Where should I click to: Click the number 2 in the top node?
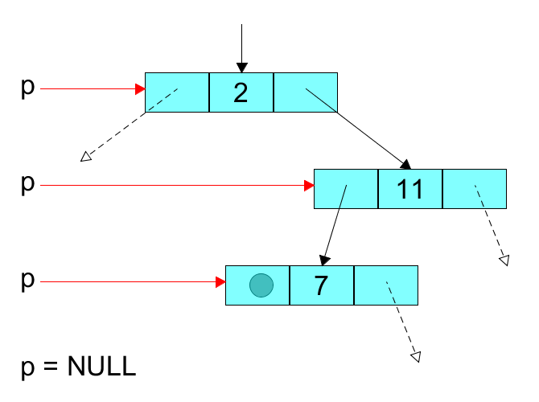click(241, 92)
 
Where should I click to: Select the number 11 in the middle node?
click(410, 190)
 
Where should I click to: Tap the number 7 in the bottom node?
click(321, 285)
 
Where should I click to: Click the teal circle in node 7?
click(261, 285)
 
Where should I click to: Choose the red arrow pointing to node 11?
click(177, 186)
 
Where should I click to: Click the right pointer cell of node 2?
click(306, 92)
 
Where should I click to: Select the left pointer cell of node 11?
click(346, 190)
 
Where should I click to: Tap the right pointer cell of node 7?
click(386, 285)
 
